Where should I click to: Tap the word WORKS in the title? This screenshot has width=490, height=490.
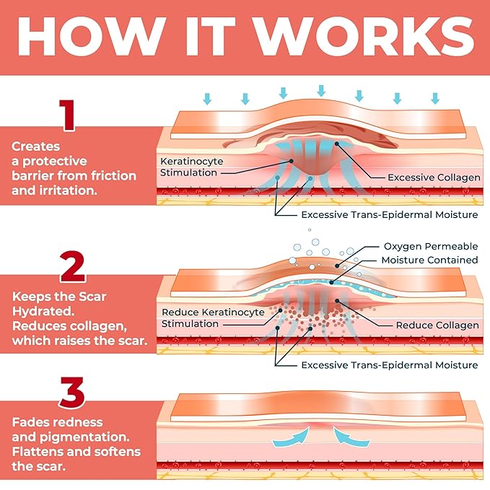363,37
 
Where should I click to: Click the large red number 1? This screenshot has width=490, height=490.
67,115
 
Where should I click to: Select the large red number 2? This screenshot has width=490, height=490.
72,266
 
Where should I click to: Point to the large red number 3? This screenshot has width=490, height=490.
72,393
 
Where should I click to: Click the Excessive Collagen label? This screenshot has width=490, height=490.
434,178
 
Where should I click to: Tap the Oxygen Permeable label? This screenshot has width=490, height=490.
431,246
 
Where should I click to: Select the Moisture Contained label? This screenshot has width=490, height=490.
429,260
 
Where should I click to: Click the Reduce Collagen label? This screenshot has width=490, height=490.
437,325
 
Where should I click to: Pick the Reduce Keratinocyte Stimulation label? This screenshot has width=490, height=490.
213,318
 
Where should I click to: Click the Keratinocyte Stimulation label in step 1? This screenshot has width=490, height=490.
191,167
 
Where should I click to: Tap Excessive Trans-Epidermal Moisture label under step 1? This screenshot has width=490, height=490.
390,214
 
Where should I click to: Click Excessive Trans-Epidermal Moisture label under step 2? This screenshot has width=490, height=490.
390,365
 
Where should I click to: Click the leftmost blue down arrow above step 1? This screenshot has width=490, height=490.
207,98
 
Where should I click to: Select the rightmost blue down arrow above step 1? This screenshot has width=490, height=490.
435,98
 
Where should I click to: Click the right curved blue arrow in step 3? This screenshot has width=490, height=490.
350,438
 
